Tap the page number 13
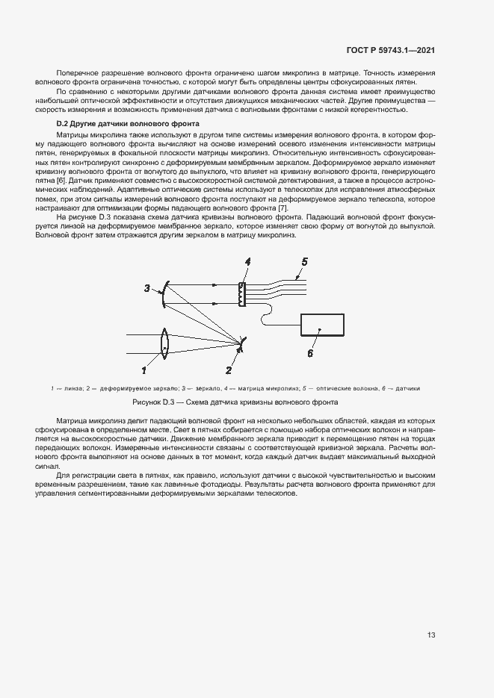point(431,635)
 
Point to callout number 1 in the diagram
point(144,369)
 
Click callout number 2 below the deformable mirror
point(229,370)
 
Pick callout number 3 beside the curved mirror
point(147,288)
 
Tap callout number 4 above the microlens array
point(247,261)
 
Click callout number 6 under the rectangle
point(309,354)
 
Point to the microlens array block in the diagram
point(241,295)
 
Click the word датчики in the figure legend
point(407,388)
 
